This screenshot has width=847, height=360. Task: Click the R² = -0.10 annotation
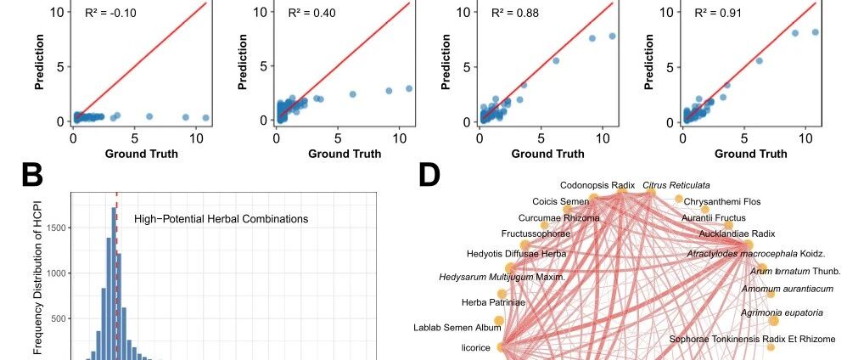[110, 13]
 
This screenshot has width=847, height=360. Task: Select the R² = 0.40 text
[311, 13]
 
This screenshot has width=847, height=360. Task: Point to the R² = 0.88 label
[515, 13]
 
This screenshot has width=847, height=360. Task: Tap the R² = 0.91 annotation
[718, 13]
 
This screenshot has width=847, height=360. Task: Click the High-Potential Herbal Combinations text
[221, 219]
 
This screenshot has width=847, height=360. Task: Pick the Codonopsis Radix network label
[590, 185]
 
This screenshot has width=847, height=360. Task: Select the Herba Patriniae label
[493, 302]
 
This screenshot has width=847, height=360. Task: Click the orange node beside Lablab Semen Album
[498, 321]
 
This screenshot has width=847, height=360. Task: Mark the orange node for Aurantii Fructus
[729, 225]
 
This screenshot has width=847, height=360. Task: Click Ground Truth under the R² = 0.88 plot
[547, 154]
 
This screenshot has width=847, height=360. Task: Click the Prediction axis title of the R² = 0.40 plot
[243, 62]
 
